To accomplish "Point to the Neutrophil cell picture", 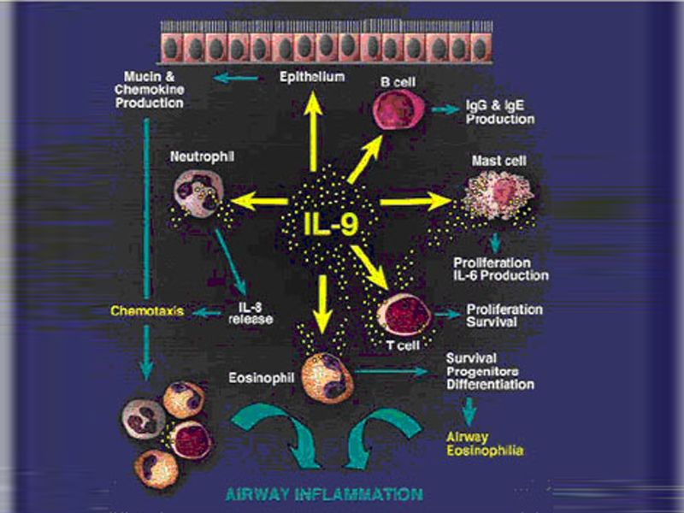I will coord(198,193).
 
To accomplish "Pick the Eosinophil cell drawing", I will coord(327,375).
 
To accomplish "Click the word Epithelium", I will coord(312,78).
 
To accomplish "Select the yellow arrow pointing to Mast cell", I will coord(414,203).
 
